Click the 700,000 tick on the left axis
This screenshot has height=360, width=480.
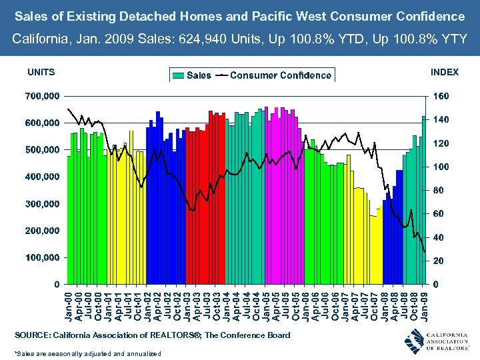tap(41, 96)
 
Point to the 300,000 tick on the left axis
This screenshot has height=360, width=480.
tap(41, 203)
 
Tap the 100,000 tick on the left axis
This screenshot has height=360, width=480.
tap(41, 257)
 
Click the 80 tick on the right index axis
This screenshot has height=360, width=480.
tap(439, 191)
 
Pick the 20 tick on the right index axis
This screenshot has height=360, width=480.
tap(439, 261)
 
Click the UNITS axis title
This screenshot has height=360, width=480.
tap(41, 72)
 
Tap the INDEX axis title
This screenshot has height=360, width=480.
tap(445, 72)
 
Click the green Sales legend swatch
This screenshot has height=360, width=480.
tap(178, 75)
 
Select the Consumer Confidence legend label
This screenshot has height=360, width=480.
tap(280, 75)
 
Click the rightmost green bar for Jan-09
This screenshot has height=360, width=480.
tap(424, 200)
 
